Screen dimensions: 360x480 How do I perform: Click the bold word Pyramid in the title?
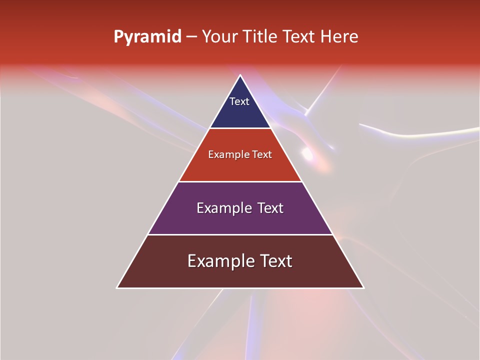(147, 37)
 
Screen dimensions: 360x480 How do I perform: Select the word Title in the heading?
(262, 37)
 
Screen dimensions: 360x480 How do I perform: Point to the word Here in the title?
(339, 37)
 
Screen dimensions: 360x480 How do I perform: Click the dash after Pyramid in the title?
(191, 37)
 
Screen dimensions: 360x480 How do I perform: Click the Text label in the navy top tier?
(239, 101)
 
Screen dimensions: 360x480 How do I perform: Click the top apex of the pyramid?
(240, 75)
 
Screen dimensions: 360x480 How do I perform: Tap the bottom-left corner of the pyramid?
(117, 287)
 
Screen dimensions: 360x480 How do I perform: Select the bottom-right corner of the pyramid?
(363, 287)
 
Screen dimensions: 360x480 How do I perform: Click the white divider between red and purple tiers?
(240, 181)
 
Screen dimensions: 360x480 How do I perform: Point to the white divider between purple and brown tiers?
(240, 234)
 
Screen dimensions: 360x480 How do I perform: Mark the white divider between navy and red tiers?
(240, 128)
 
